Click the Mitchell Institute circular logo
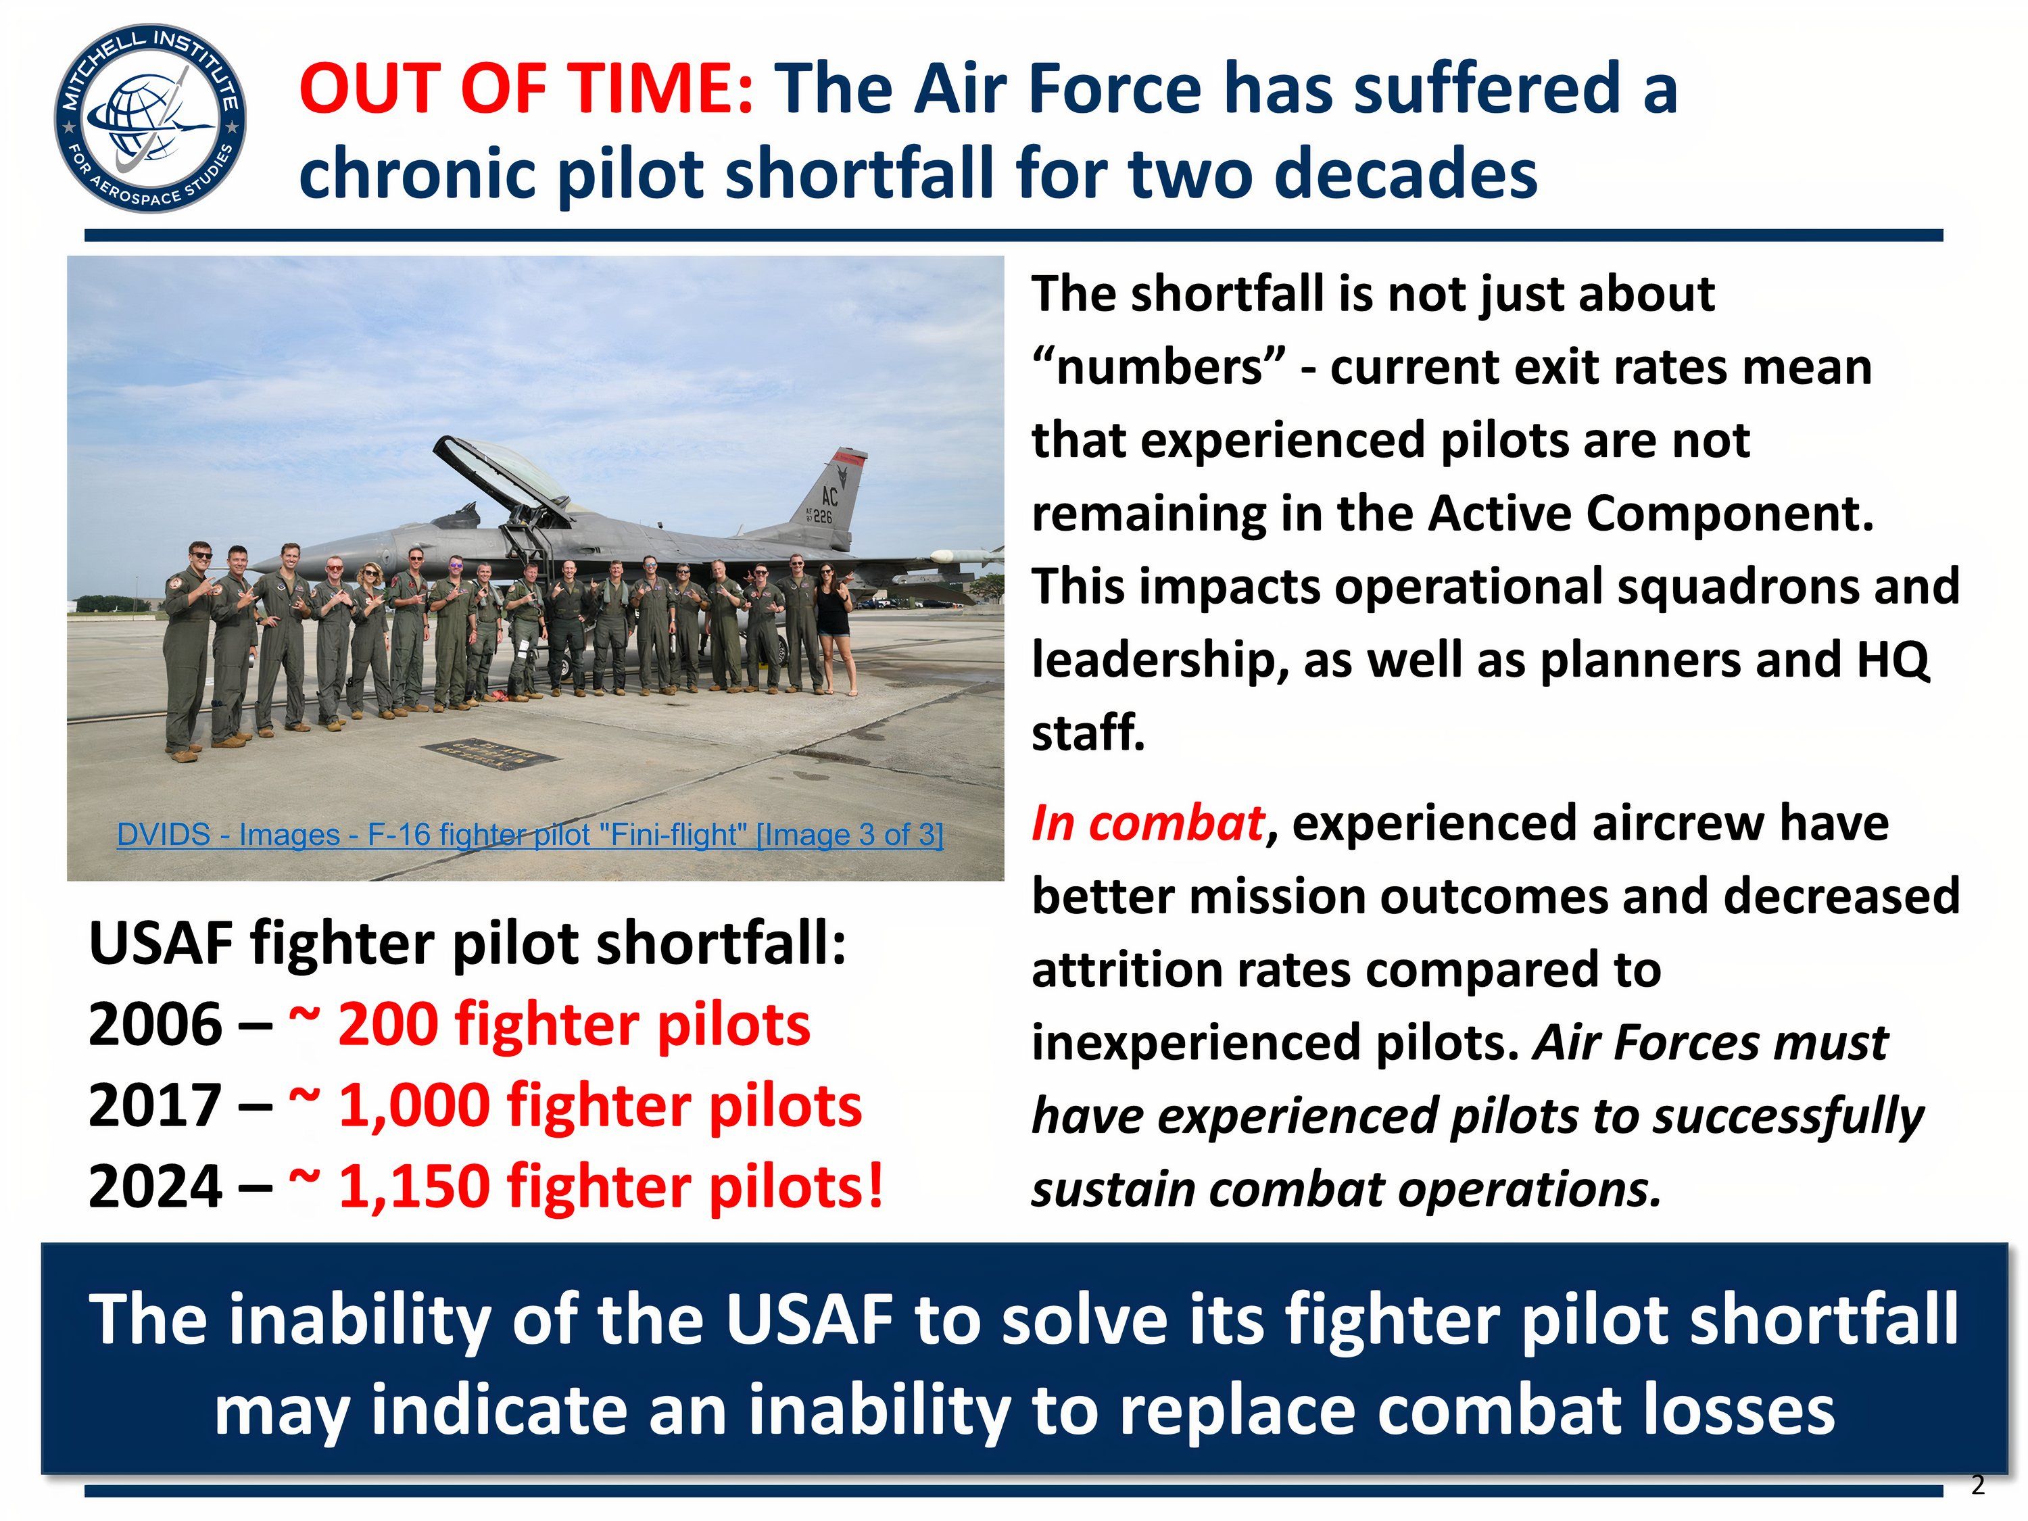pyautogui.click(x=149, y=118)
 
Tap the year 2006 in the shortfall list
pyautogui.click(x=155, y=1024)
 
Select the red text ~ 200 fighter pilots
pyautogui.click(x=549, y=1024)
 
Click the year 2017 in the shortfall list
pyautogui.click(x=155, y=1106)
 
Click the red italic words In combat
pyautogui.click(x=1148, y=823)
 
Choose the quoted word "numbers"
pyautogui.click(x=1156, y=368)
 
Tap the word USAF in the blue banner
pyautogui.click(x=808, y=1320)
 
